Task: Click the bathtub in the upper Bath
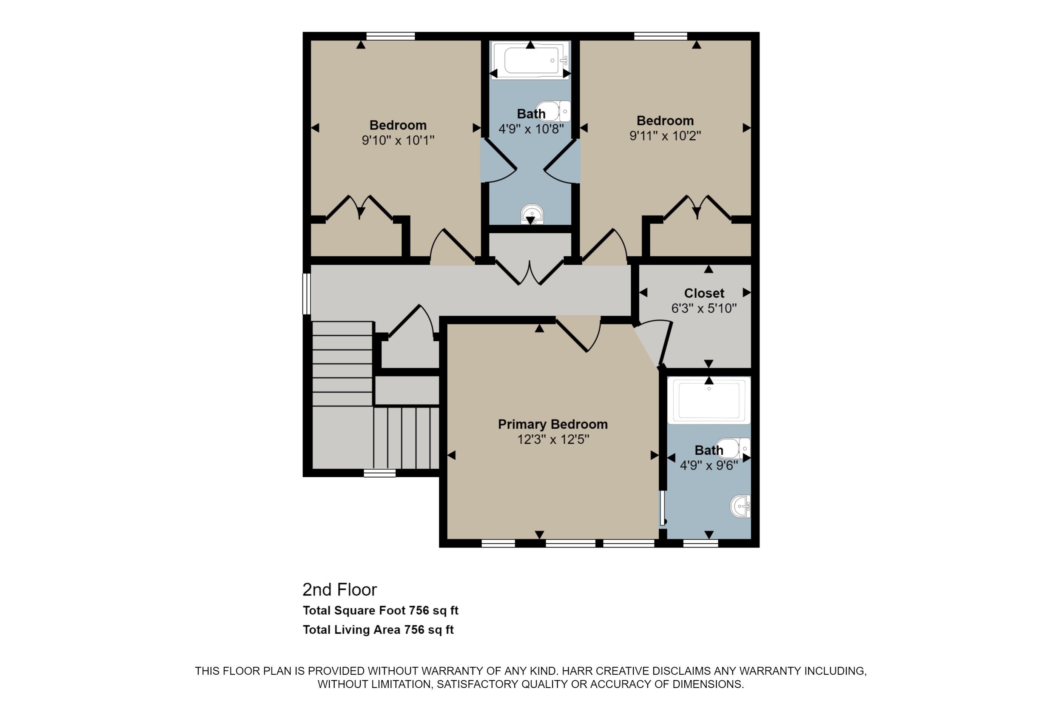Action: pyautogui.click(x=530, y=60)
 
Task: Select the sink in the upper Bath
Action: pyautogui.click(x=531, y=214)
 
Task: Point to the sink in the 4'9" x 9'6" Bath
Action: pyautogui.click(x=741, y=506)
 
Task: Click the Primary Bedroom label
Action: pyautogui.click(x=552, y=424)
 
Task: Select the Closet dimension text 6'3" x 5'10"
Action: pyautogui.click(x=704, y=308)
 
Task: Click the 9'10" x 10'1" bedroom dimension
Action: pyautogui.click(x=398, y=140)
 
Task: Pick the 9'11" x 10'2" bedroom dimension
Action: pyautogui.click(x=665, y=136)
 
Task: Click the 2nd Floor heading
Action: pyautogui.click(x=340, y=590)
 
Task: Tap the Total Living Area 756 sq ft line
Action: pyautogui.click(x=378, y=629)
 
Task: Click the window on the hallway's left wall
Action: pyautogui.click(x=307, y=293)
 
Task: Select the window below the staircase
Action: pyautogui.click(x=379, y=473)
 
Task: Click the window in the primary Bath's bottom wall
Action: pyautogui.click(x=700, y=544)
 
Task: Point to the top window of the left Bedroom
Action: pyautogui.click(x=390, y=36)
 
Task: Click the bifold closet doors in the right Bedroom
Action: pyautogui.click(x=697, y=208)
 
